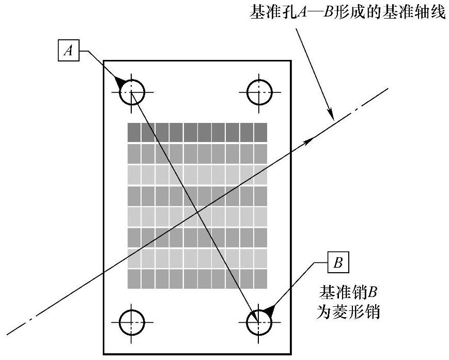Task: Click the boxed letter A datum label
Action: coord(68,51)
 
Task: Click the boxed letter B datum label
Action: coord(338,262)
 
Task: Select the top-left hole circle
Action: coord(132,92)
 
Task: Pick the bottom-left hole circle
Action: coord(132,323)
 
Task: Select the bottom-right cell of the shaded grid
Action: coord(260,278)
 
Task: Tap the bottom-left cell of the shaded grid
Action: coord(134,278)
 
